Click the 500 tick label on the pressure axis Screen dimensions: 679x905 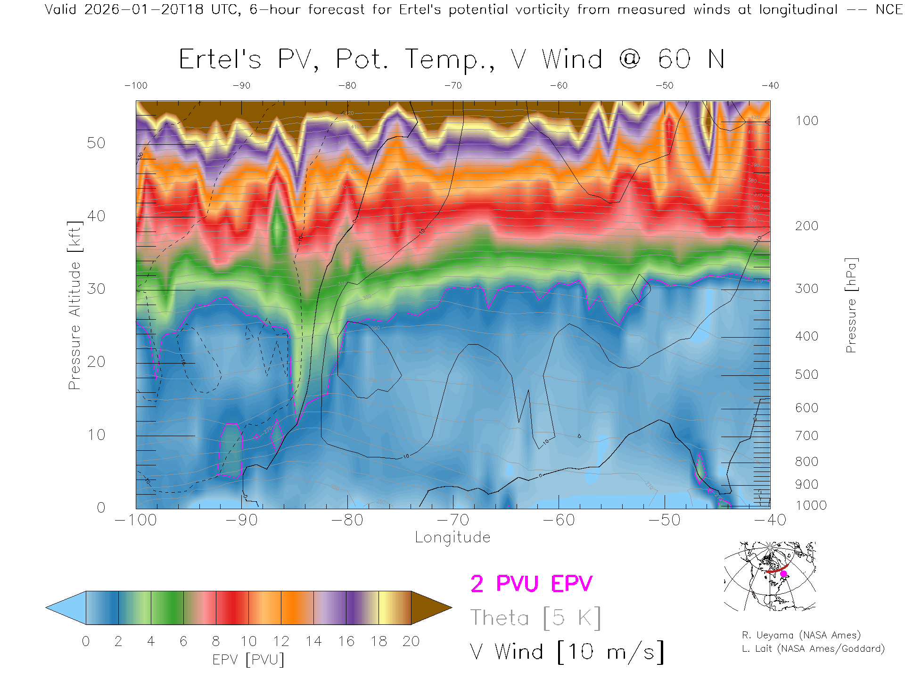point(806,374)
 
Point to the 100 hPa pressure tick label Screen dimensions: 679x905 point(806,121)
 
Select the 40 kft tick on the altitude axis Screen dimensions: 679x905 point(96,216)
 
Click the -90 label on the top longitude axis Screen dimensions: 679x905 point(241,86)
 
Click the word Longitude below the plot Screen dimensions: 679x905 point(452,538)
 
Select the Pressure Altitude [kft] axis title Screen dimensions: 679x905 point(75,305)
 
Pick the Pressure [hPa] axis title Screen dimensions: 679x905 point(851,305)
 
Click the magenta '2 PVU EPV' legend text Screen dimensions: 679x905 point(531,584)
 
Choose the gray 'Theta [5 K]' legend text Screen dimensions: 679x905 point(535,618)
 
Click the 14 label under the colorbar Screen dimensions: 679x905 point(313,641)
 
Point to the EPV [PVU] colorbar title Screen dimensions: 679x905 point(248,660)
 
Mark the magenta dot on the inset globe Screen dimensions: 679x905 point(783,574)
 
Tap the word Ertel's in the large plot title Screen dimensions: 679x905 point(220,60)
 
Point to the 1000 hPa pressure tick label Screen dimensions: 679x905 point(811,505)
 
